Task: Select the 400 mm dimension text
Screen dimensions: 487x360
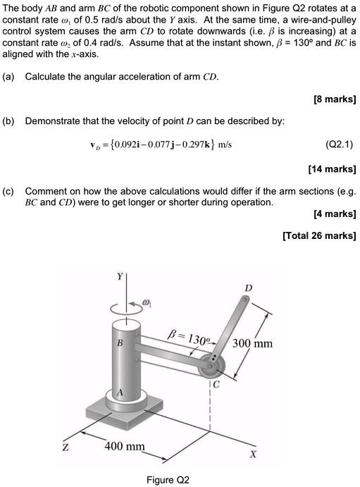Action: tap(125, 447)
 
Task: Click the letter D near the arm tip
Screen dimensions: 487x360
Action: tap(247, 289)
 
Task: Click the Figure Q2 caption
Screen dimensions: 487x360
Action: tap(168, 479)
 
